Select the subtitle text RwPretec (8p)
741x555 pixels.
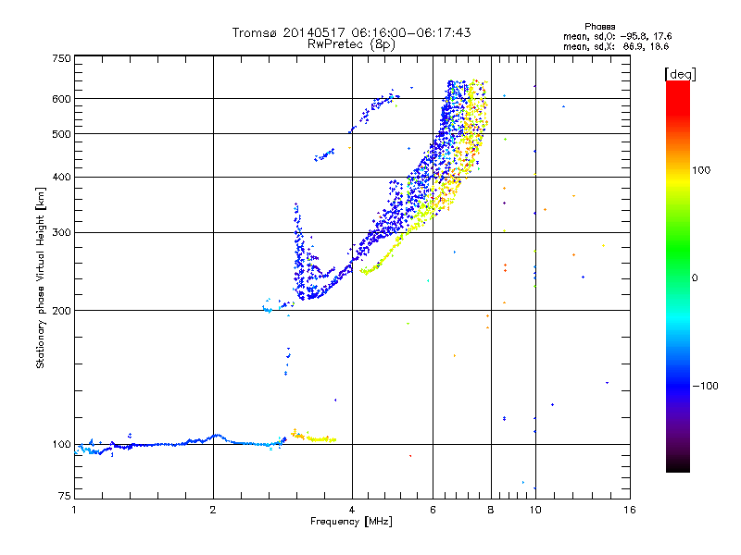tap(351, 44)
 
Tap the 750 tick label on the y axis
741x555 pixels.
tap(62, 58)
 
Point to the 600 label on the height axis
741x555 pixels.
tap(62, 99)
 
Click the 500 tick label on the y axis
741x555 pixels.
tap(62, 134)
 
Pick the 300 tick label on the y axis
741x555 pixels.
tap(62, 233)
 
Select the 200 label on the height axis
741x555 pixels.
tap(62, 311)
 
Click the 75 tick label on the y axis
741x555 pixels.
tap(65, 496)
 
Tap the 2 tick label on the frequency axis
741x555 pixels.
tap(213, 510)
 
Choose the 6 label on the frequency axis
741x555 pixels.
tap(433, 510)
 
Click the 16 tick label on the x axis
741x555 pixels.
tap(630, 510)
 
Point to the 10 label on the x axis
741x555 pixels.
tap(535, 510)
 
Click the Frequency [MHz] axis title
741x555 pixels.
tap(351, 522)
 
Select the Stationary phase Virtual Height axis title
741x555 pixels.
tap(41, 278)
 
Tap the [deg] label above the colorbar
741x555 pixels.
tap(680, 74)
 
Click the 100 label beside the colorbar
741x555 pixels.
tap(701, 170)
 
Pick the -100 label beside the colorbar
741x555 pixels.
tap(705, 386)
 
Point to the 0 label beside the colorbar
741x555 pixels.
tap(695, 278)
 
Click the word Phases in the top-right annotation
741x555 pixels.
tap(600, 27)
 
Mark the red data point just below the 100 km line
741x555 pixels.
tap(410, 456)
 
